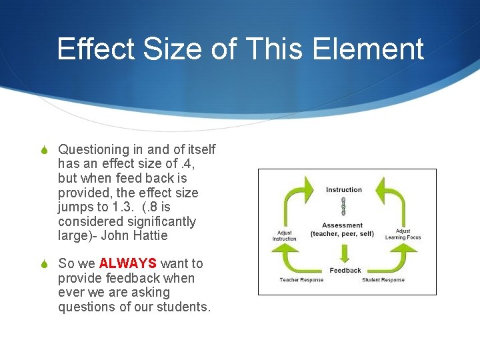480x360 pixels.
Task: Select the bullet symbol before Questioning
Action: [44, 150]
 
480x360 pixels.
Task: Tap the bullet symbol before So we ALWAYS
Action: [44, 265]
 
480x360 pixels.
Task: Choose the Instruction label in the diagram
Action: [344, 190]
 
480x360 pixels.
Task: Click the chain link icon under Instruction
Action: [343, 207]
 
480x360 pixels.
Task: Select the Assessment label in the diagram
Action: [343, 225]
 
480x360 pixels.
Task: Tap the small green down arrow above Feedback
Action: [344, 254]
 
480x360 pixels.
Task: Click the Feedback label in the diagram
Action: [345, 270]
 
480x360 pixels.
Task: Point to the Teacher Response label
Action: [301, 280]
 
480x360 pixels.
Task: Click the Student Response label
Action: [383, 280]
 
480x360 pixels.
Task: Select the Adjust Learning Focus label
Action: [403, 234]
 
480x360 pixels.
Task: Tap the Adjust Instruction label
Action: [285, 236]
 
